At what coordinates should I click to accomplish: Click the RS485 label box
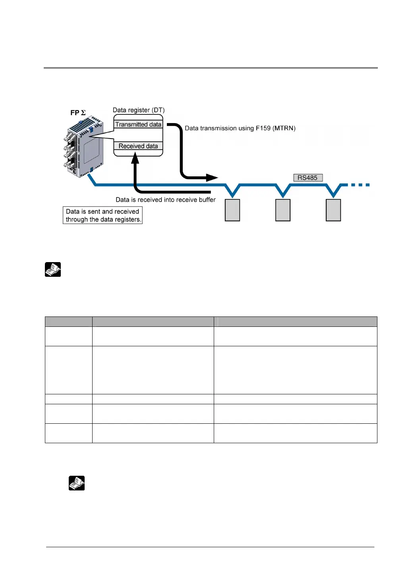click(307, 178)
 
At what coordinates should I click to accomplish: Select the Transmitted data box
click(138, 124)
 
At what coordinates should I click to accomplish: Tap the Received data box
click(138, 146)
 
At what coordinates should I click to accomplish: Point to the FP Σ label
click(78, 113)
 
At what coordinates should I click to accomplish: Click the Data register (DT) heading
click(138, 110)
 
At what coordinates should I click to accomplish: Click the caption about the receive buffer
click(165, 200)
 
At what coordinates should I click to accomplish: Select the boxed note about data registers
click(102, 215)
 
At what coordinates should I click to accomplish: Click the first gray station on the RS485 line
click(232, 210)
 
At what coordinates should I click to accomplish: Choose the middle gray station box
click(283, 210)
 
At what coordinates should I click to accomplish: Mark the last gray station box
click(333, 210)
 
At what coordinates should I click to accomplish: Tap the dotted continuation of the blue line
click(359, 185)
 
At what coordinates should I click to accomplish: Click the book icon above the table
click(53, 270)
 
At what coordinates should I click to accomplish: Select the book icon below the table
click(77, 483)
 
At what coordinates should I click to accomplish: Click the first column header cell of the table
click(68, 321)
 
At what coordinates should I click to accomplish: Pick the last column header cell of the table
click(295, 321)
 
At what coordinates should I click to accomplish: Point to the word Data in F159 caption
click(191, 128)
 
